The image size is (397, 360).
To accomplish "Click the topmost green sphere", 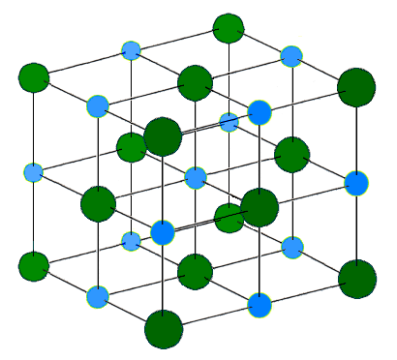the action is (229, 28).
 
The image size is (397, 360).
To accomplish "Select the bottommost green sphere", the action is (164, 328).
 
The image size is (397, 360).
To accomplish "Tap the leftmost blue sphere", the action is (34, 173).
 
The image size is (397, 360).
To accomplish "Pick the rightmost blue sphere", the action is (357, 182).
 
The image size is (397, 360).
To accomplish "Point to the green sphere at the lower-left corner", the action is (34, 265).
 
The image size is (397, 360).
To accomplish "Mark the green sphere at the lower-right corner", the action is (357, 279).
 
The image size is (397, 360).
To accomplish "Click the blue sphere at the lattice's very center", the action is (196, 178).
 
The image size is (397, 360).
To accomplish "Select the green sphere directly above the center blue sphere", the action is (195, 82).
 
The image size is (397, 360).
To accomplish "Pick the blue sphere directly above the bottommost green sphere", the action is (163, 232).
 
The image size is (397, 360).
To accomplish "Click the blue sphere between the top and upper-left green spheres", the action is (131, 50).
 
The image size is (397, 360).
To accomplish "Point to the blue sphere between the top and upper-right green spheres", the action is (291, 56).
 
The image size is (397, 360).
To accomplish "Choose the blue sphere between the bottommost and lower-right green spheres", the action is (260, 305).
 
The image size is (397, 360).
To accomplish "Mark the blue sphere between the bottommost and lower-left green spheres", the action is (97, 296).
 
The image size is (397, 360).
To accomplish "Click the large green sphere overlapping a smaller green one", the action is (163, 136).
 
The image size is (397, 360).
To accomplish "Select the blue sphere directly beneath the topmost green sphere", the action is (229, 123).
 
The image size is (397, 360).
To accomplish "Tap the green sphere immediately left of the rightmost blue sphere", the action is (291, 153).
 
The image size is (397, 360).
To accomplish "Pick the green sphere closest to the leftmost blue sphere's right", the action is (98, 203).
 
